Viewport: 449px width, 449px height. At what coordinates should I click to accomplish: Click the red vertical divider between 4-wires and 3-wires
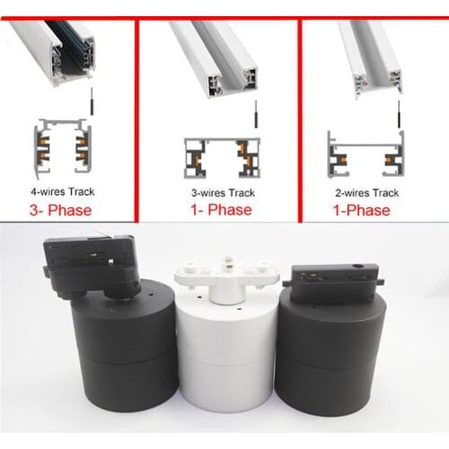(x=136, y=121)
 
